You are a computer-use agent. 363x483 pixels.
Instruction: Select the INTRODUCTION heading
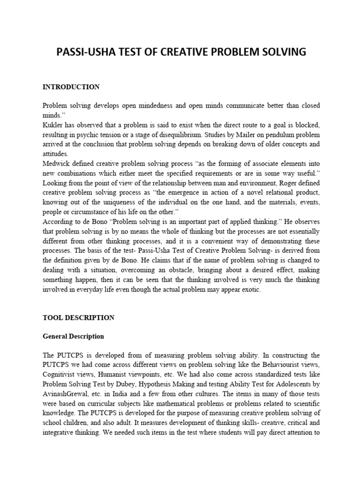click(x=71, y=87)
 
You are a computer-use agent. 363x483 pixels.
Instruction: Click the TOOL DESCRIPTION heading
click(x=78, y=318)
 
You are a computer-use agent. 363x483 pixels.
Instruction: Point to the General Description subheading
click(x=73, y=337)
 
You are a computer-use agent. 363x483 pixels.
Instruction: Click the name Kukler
click(x=52, y=124)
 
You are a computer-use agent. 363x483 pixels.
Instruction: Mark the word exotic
click(x=250, y=290)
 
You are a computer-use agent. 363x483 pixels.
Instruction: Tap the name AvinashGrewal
click(x=65, y=393)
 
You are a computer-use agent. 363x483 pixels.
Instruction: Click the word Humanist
click(x=111, y=375)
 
